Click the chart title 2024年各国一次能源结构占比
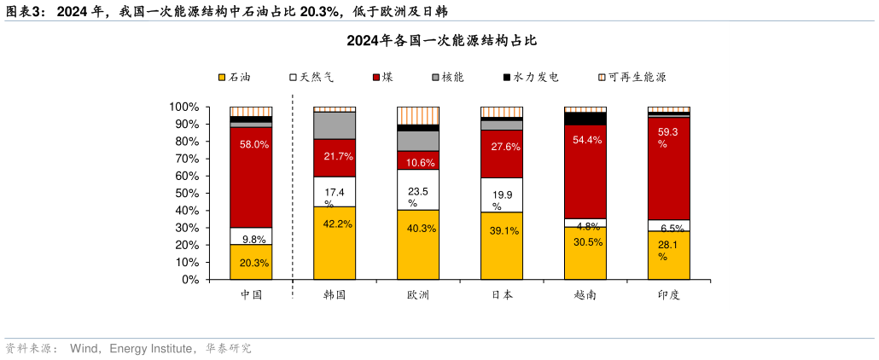pos(441,41)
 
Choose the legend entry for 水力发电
pos(530,77)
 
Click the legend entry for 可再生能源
pos(631,77)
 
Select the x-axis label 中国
pos(251,294)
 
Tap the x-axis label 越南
pos(585,294)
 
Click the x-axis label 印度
pos(669,294)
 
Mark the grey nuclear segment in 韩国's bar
pos(335,125)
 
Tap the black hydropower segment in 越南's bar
pos(585,119)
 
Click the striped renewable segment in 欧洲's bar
pos(418,115)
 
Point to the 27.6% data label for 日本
pos(502,147)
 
